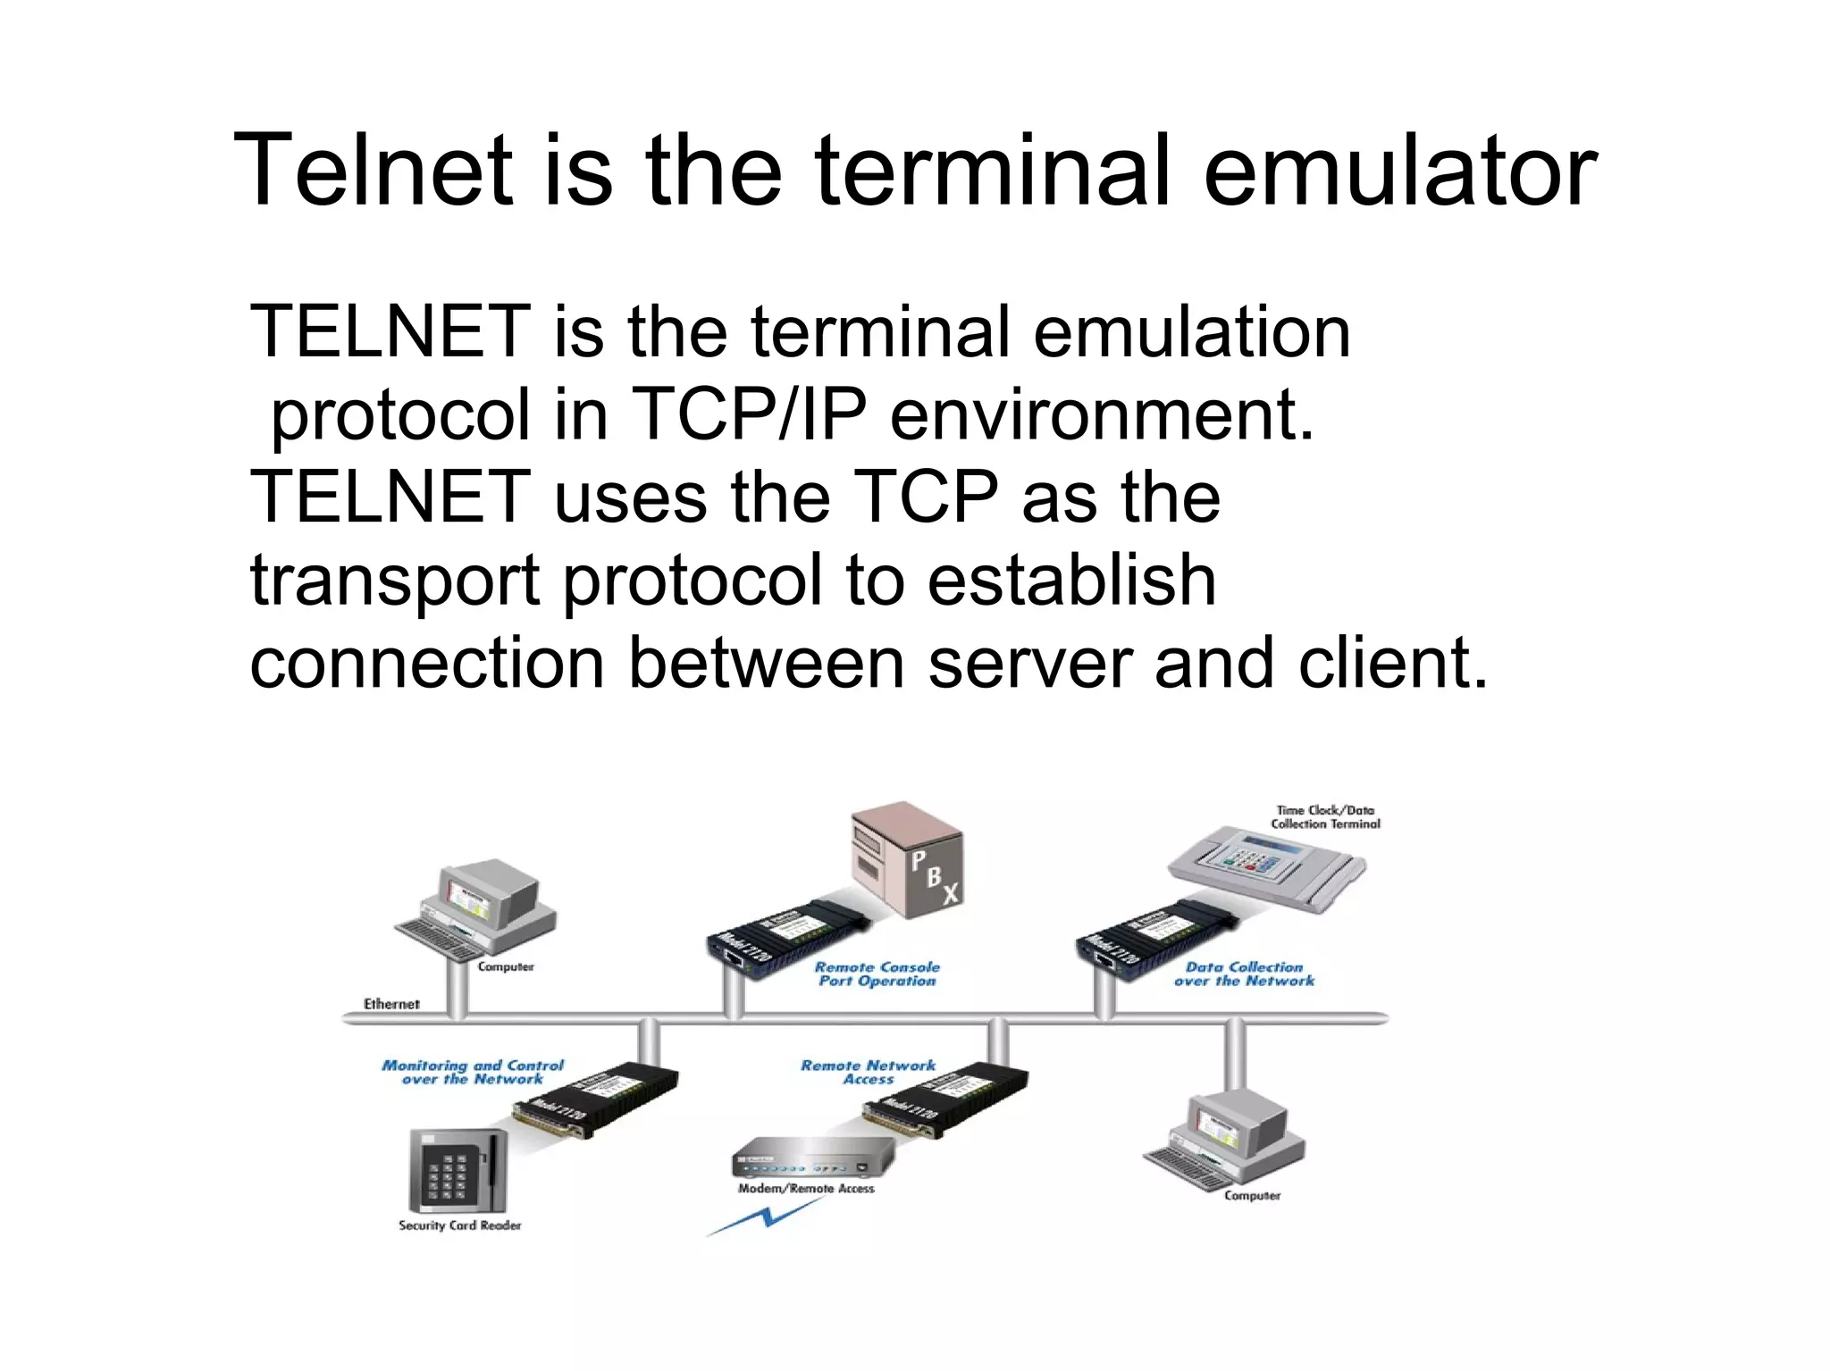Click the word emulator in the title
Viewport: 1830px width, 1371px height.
[x=1399, y=170]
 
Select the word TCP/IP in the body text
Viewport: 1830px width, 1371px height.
[x=747, y=414]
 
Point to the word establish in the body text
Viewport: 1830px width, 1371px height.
[x=1071, y=580]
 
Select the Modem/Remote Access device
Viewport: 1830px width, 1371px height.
[x=811, y=1158]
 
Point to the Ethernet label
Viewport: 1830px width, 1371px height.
[x=391, y=1004]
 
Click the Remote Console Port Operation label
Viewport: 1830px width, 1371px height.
[x=877, y=974]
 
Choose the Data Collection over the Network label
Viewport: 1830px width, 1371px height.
[x=1244, y=974]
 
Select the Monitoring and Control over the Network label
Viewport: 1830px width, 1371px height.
[x=473, y=1072]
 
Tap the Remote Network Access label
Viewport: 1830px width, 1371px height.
[x=868, y=1072]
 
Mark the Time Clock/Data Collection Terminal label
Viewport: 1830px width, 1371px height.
[x=1325, y=816]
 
